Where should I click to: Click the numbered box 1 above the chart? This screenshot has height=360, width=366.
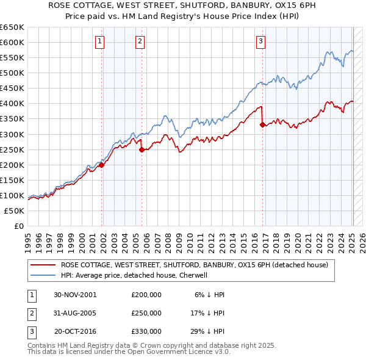click(99, 41)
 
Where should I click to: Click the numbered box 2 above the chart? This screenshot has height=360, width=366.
click(140, 41)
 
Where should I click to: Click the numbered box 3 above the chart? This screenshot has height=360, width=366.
click(260, 41)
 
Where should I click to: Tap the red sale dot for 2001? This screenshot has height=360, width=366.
click(102, 165)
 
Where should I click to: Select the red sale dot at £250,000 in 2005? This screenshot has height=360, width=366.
click(142, 149)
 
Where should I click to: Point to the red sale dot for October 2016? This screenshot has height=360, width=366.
click(262, 124)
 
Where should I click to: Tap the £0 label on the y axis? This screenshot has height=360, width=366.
click(18, 226)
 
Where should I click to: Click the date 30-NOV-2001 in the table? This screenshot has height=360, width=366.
click(75, 294)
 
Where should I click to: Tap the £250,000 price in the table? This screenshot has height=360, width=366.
click(146, 313)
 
